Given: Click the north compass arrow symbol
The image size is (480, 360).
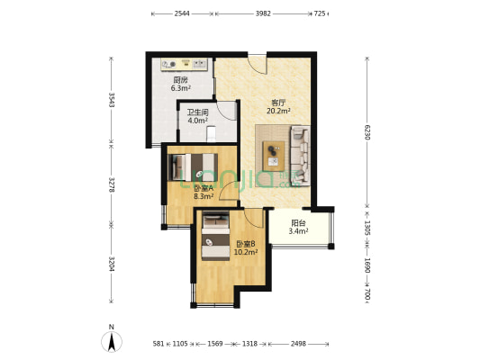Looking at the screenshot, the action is pyautogui.click(x=112, y=341).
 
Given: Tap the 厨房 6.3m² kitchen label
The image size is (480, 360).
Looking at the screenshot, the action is pyautogui.click(x=181, y=84).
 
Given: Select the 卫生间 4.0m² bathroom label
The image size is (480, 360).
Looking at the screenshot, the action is pyautogui.click(x=198, y=116).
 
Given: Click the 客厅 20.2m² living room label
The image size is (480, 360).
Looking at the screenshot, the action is pyautogui.click(x=278, y=107).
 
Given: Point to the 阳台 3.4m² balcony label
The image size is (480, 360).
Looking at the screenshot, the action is pyautogui.click(x=298, y=228).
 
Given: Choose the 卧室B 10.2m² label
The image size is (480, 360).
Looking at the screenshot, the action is pyautogui.click(x=246, y=247).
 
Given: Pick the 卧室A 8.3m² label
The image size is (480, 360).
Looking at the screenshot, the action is pyautogui.click(x=204, y=192).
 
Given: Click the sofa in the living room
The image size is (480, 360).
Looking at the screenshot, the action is pyautogui.click(x=300, y=155).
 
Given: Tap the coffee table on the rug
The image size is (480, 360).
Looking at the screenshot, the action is pyautogui.click(x=274, y=156).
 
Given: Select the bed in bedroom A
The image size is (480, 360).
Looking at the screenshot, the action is pyautogui.click(x=193, y=167).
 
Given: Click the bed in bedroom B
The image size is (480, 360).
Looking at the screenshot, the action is pyautogui.click(x=215, y=236).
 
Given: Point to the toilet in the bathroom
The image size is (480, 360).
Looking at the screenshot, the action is pyautogui.click(x=212, y=134).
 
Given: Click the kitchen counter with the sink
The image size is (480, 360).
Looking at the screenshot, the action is pyautogui.click(x=185, y=64).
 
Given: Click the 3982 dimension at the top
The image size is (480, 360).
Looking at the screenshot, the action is pyautogui.click(x=263, y=13).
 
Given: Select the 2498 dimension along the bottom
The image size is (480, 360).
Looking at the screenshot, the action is pyautogui.click(x=298, y=344).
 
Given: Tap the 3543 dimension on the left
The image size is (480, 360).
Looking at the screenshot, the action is pyautogui.click(x=111, y=100).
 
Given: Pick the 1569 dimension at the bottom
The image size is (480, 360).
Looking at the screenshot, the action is pyautogui.click(x=215, y=344).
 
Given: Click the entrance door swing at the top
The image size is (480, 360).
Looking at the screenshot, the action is pyautogui.click(x=258, y=65).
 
